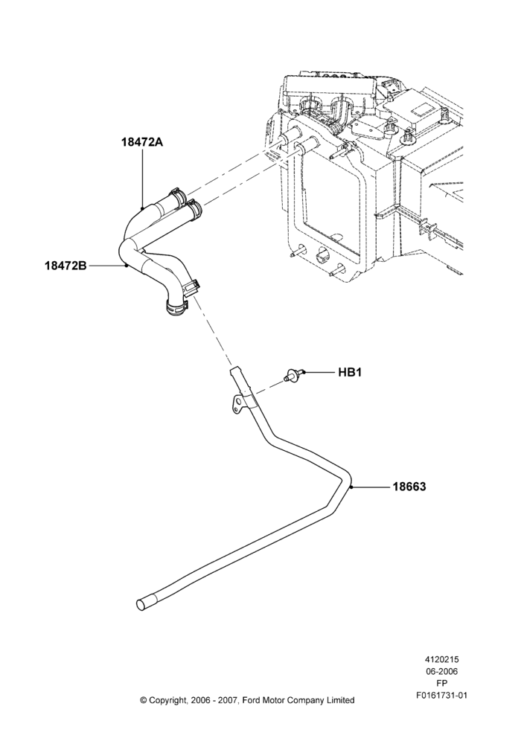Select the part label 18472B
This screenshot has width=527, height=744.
(66, 266)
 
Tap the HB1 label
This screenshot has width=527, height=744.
(350, 373)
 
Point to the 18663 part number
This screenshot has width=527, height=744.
(409, 487)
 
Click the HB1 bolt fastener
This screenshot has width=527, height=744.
(294, 375)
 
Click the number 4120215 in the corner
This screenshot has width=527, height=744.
(441, 659)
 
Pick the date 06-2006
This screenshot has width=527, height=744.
(441, 671)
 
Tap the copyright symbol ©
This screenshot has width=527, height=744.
(143, 700)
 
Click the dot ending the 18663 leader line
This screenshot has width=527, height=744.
(351, 487)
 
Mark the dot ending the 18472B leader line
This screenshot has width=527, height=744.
(127, 266)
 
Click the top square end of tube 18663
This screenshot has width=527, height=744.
(234, 369)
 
